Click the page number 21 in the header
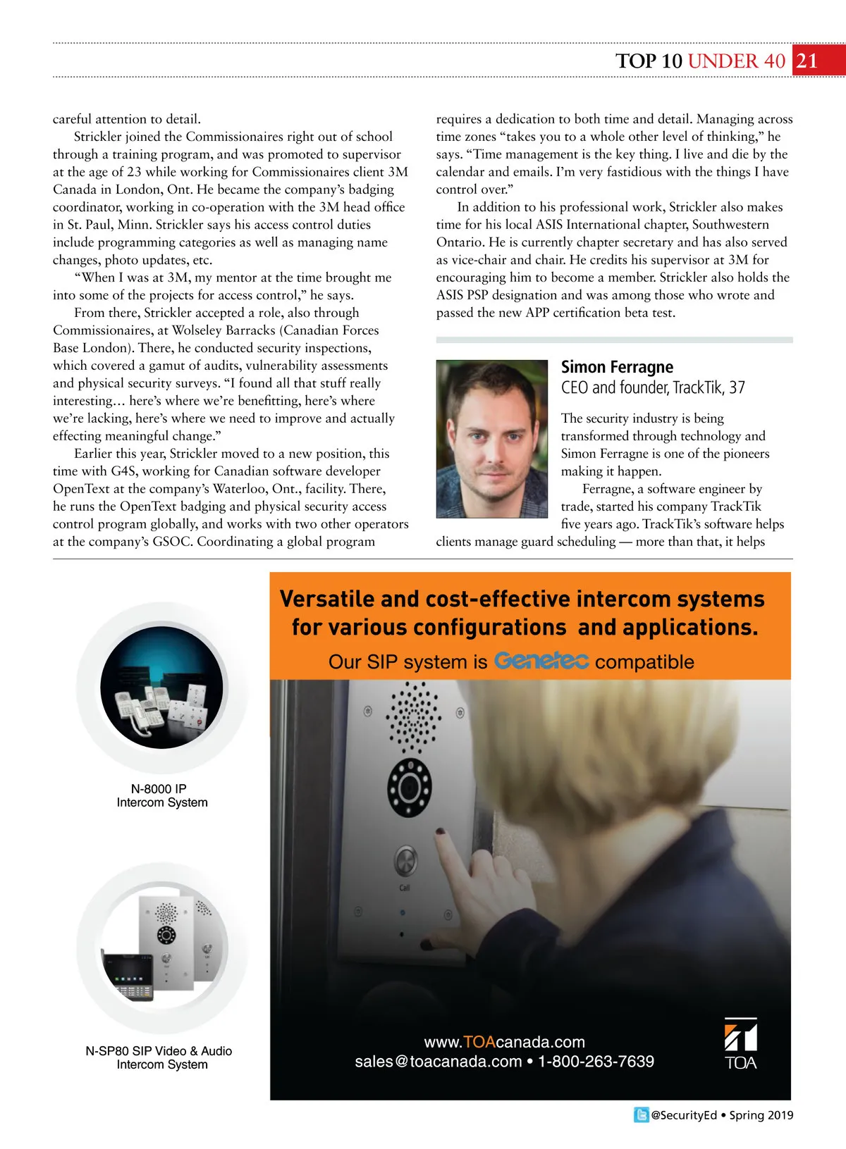pos(807,61)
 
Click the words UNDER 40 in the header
pos(736,61)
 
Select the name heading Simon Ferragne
pos(617,367)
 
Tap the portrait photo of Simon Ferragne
pos(491,439)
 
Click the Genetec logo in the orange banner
pos(541,661)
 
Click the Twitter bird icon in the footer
pos(641,1115)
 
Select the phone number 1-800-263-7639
pos(596,1062)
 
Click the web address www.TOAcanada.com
pos(504,1042)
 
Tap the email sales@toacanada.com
pos(438,1062)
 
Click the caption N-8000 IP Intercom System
pos(162,796)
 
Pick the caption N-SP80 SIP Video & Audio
pos(159,1051)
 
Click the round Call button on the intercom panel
pos(405,860)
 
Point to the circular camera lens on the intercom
pos(410,788)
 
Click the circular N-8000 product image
pos(161,687)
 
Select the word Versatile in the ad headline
pos(326,599)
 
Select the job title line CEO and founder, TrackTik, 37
pos(653,387)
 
